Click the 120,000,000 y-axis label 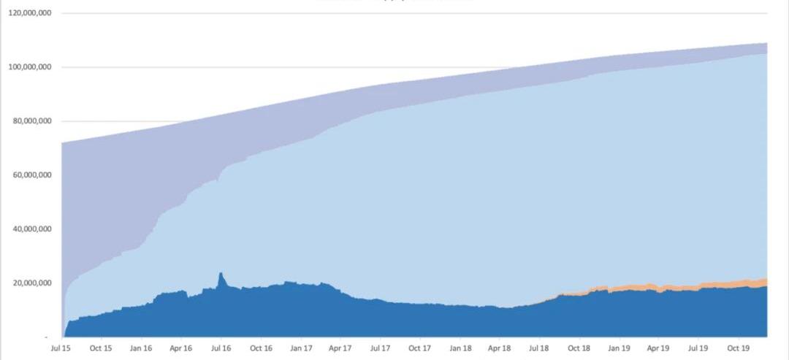30,13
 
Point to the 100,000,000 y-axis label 30,67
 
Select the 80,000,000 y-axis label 32,121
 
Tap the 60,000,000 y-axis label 32,175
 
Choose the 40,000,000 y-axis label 32,229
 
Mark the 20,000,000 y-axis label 32,283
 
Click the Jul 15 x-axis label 61,348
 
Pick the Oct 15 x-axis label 101,348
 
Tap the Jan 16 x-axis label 141,348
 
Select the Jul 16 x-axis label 221,348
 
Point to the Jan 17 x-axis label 301,348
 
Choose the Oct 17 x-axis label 420,348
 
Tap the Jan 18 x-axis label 460,348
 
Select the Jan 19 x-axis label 620,348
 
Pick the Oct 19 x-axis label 739,348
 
